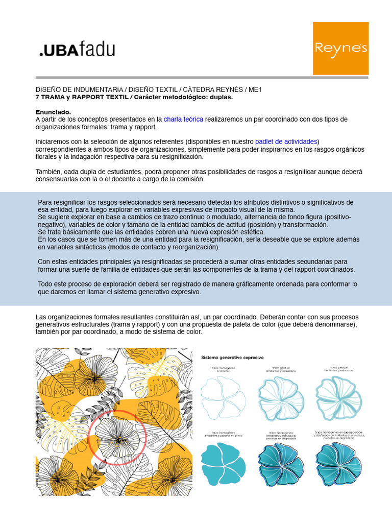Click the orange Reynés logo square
(x=340, y=49)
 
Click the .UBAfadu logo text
(x=77, y=50)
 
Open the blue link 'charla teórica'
(x=183, y=119)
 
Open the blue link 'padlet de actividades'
(x=286, y=141)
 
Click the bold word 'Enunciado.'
(x=53, y=112)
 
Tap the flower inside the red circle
(x=117, y=438)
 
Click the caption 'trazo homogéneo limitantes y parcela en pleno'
(x=223, y=435)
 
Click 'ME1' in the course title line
(x=255, y=89)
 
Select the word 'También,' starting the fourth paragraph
(x=49, y=172)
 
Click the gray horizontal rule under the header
(x=202, y=78)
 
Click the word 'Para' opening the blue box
(x=45, y=202)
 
